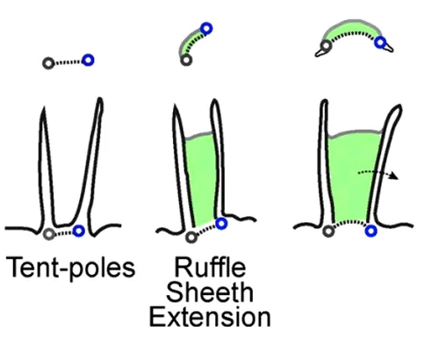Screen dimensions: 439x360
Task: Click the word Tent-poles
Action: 70,268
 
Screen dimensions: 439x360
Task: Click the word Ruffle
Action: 210,267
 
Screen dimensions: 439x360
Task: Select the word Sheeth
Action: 210,292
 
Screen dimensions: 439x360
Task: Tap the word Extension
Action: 210,317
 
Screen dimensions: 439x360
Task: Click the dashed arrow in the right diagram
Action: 378,173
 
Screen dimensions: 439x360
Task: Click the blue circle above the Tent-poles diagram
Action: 88,61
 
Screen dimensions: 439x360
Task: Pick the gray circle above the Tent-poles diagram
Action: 48,63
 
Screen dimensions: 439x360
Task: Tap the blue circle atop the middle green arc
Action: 206,29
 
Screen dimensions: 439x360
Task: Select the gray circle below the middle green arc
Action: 186,60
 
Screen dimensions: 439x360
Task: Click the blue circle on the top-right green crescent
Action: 380,42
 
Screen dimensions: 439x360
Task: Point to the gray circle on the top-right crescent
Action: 326,46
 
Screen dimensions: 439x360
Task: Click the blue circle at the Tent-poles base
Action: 79,231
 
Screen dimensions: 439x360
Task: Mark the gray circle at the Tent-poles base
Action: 49,234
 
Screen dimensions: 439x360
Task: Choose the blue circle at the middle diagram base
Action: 221,224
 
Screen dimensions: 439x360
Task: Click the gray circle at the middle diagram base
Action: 191,237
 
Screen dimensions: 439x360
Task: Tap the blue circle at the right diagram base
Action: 371,231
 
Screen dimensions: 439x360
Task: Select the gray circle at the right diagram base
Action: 328,231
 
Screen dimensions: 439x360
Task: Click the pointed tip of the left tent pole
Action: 44,107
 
